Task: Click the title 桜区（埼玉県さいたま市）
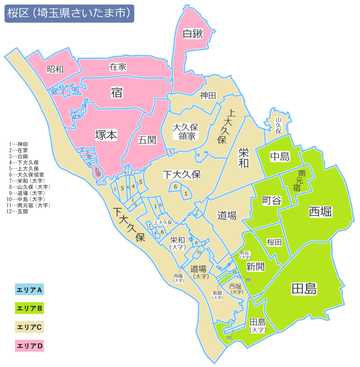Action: click(x=69, y=14)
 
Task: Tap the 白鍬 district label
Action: click(x=193, y=34)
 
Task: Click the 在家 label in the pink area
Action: click(x=118, y=67)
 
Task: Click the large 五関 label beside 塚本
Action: click(x=147, y=140)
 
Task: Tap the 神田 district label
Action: click(x=208, y=95)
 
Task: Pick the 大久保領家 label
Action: click(x=185, y=131)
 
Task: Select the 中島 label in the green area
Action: click(x=280, y=156)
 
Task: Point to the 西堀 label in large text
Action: click(x=320, y=212)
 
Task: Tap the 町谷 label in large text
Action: click(x=272, y=200)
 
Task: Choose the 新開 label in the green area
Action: click(x=255, y=266)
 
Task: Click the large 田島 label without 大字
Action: click(x=304, y=289)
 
